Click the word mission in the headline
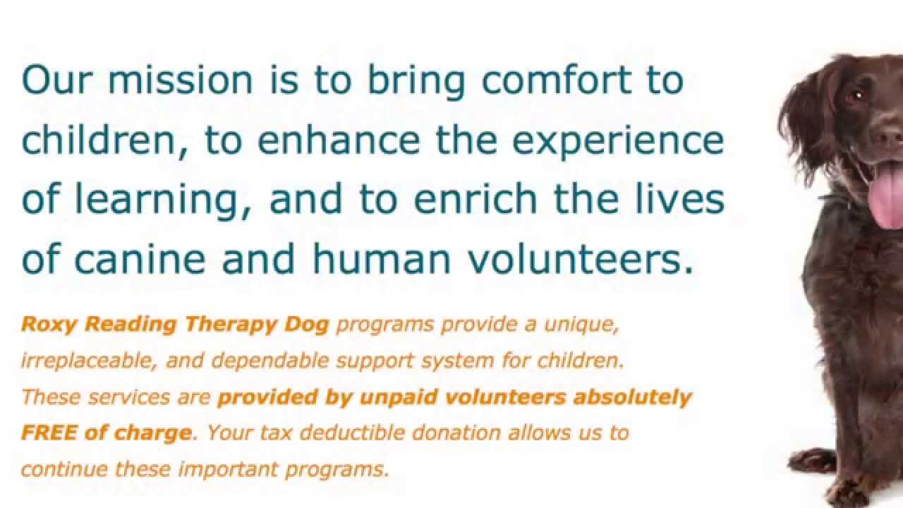pos(180,80)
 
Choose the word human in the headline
pos(381,260)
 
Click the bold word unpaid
pos(392,397)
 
